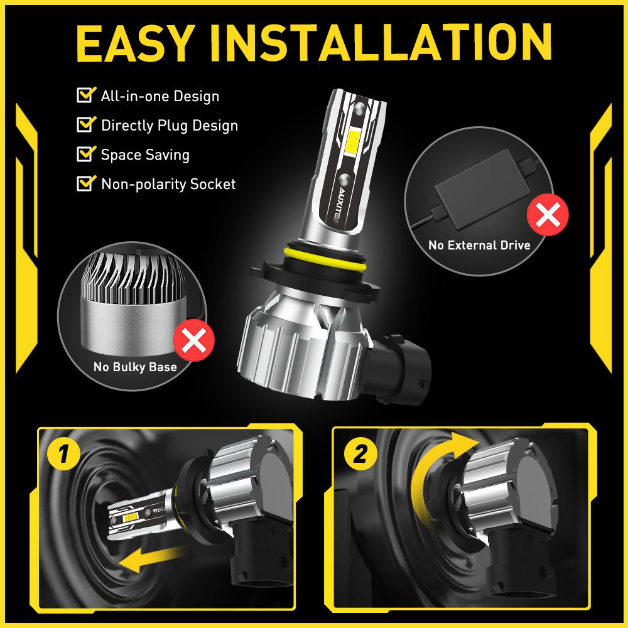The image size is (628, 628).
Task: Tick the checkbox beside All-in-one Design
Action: tap(84, 96)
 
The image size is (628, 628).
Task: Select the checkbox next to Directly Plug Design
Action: tap(84, 124)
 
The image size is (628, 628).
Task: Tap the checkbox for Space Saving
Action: tap(84, 154)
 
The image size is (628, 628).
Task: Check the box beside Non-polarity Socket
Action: tap(84, 183)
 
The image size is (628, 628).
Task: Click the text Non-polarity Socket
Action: tap(168, 184)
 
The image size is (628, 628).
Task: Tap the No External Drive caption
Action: tap(479, 245)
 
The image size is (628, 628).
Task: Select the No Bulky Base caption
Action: tap(134, 367)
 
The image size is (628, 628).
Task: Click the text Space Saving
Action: tap(144, 154)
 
